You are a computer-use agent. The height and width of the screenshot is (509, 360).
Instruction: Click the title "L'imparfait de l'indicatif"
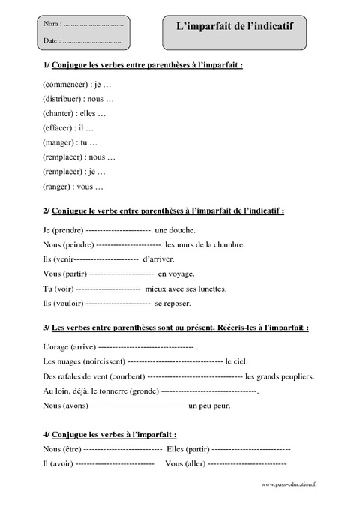pos(234,27)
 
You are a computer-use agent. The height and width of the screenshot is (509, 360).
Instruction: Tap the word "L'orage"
pos(56,348)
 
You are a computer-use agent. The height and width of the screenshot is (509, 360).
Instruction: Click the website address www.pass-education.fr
pos(289,484)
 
